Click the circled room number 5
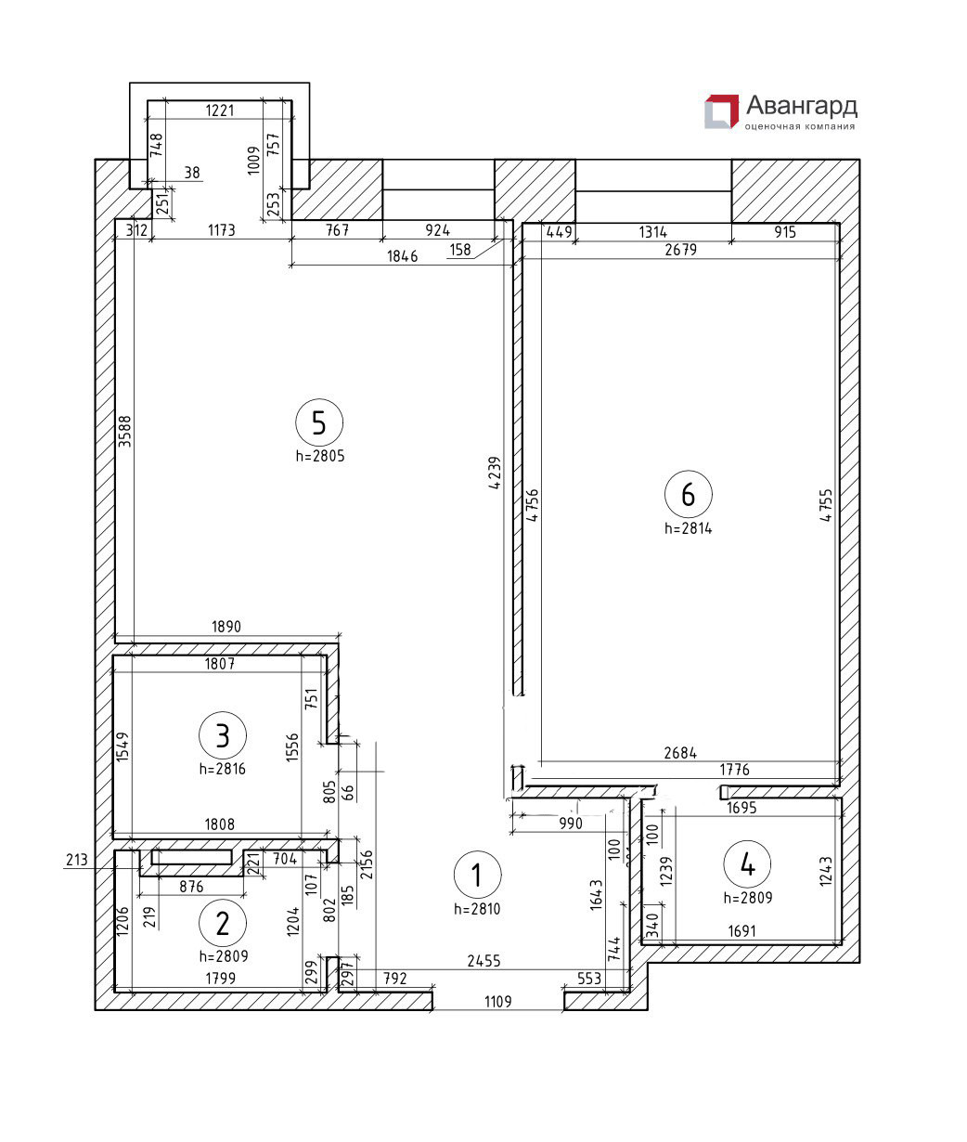point(319,423)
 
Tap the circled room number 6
point(688,495)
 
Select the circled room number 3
point(223,736)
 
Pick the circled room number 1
point(477,875)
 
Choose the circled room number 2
point(223,923)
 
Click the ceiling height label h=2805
point(319,456)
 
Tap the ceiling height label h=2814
point(688,528)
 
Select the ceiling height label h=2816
point(223,769)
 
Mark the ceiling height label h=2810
point(477,909)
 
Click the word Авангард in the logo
point(801,105)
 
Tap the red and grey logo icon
point(721,111)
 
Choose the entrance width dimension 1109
point(498,1001)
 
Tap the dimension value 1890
point(226,627)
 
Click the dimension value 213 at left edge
point(77,860)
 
